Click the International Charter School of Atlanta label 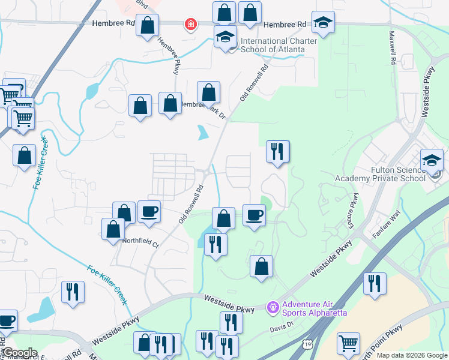click(273, 45)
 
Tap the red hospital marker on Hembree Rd click(191, 25)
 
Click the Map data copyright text click(412, 355)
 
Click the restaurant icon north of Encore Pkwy click(277, 151)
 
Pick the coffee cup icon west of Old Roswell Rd click(149, 211)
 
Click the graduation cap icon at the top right click(324, 23)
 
